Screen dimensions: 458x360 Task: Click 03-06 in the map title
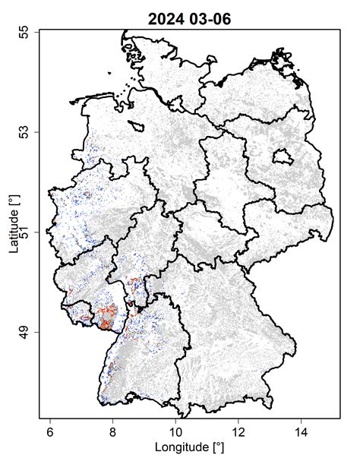point(207,15)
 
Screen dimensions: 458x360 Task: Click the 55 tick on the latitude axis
point(25,31)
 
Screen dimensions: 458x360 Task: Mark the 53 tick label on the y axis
point(25,131)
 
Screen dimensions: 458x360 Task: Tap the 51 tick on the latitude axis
point(25,232)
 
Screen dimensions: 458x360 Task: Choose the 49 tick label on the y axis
point(25,332)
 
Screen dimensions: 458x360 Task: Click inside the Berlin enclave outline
point(283,157)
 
